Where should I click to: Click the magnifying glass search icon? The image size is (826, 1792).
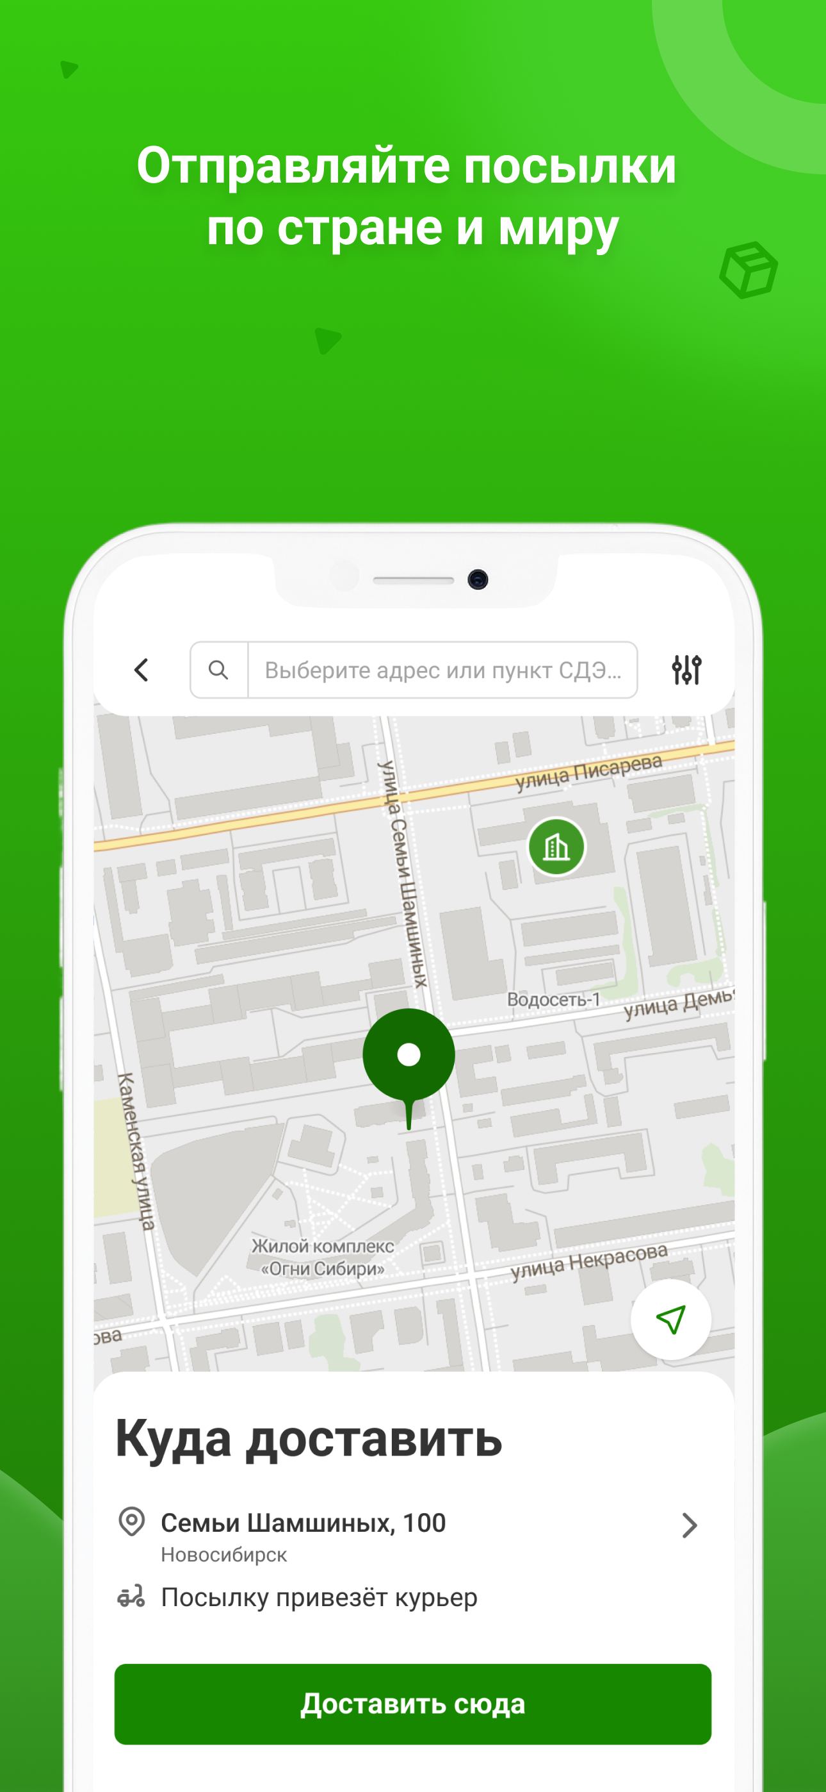[218, 670]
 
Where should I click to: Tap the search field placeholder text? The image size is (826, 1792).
[443, 670]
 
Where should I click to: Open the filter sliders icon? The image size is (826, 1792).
[686, 670]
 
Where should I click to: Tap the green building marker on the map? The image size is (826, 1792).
[556, 847]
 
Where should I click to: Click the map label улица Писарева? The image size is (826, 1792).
[589, 771]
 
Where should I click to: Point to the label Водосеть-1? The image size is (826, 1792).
[553, 1000]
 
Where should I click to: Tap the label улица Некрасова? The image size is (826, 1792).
[589, 1261]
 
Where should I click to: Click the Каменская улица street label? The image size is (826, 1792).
[136, 1151]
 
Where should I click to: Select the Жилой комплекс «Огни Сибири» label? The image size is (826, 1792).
[323, 1257]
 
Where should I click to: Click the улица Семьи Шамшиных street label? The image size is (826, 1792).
[403, 873]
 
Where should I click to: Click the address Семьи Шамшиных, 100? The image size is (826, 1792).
[303, 1523]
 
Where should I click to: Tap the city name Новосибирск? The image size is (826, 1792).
[224, 1555]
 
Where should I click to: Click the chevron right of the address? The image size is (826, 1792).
[689, 1525]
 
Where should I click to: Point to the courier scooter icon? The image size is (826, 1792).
[131, 1597]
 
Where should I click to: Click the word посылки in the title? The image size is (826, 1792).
[569, 165]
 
